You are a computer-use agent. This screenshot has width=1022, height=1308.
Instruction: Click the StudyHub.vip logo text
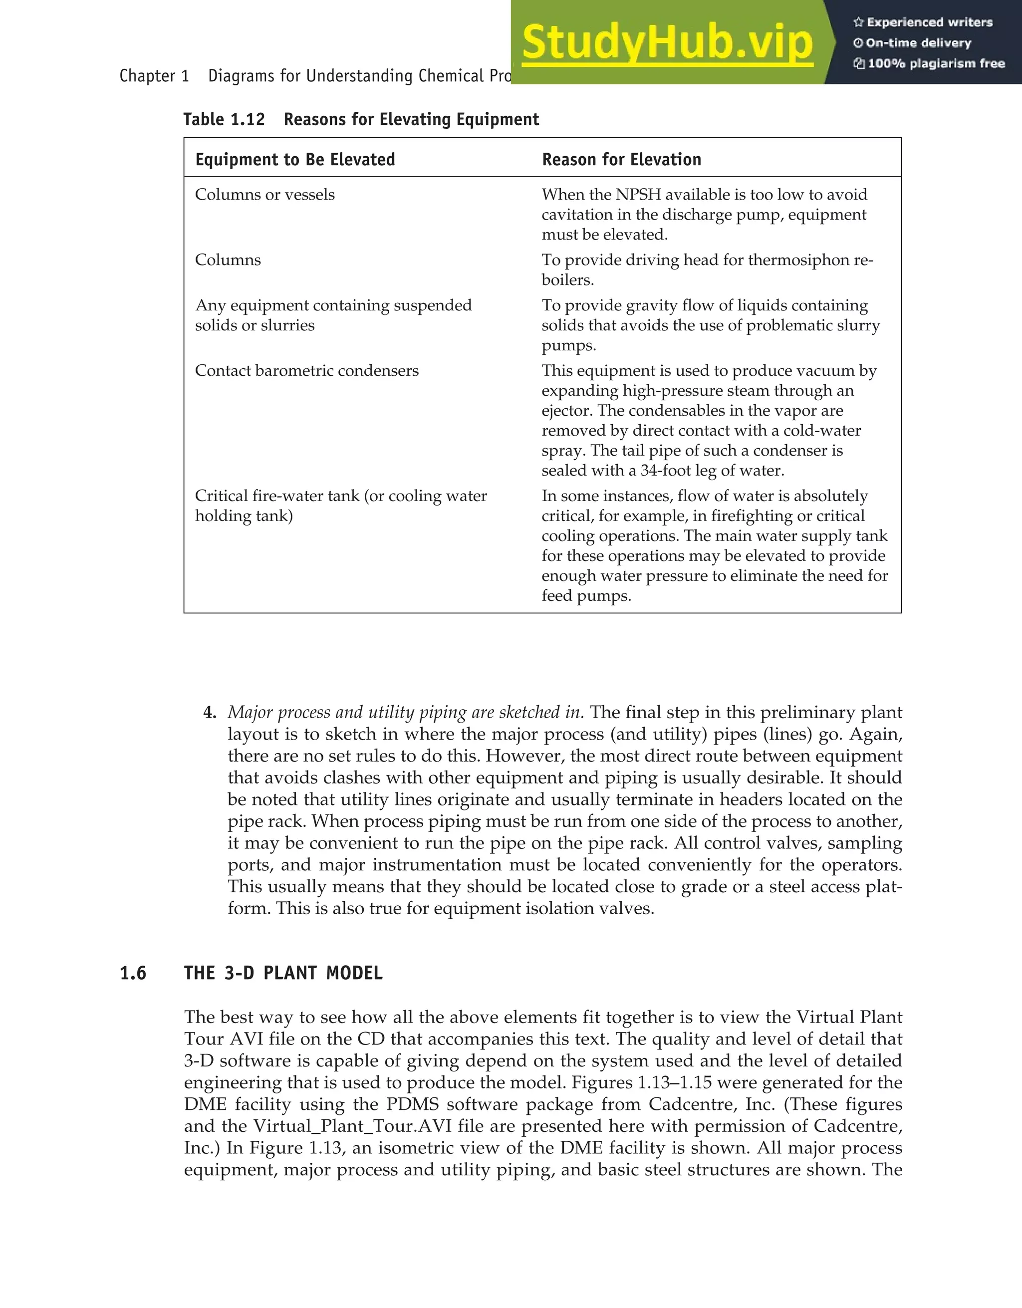(667, 42)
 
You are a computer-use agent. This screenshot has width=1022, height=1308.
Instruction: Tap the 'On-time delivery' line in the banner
(918, 43)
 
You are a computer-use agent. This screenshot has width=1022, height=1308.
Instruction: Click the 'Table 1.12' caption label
(224, 119)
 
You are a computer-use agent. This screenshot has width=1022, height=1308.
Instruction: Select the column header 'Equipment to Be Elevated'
(295, 159)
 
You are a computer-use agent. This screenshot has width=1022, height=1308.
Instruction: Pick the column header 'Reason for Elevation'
(621, 159)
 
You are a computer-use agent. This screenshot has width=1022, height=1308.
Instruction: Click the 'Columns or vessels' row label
(264, 195)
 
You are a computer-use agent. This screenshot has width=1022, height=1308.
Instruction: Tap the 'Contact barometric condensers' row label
(306, 371)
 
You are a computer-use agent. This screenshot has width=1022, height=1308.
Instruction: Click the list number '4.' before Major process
(210, 713)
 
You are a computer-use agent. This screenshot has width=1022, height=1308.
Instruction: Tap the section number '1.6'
(133, 973)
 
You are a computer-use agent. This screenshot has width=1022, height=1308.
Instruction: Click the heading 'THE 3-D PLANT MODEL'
(283, 973)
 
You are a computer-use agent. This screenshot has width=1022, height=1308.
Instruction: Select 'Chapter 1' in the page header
(154, 76)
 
